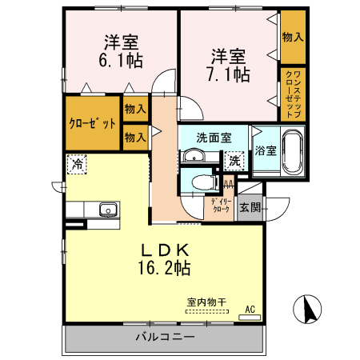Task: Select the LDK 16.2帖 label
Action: [x=166, y=256]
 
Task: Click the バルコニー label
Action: [x=165, y=338]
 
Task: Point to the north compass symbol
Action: [x=308, y=309]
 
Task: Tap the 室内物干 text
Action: [x=206, y=302]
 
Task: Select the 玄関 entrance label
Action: [x=250, y=207]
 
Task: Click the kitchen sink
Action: [x=107, y=210]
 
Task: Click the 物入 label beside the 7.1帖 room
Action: [x=292, y=37]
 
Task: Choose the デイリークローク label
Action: [x=221, y=206]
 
